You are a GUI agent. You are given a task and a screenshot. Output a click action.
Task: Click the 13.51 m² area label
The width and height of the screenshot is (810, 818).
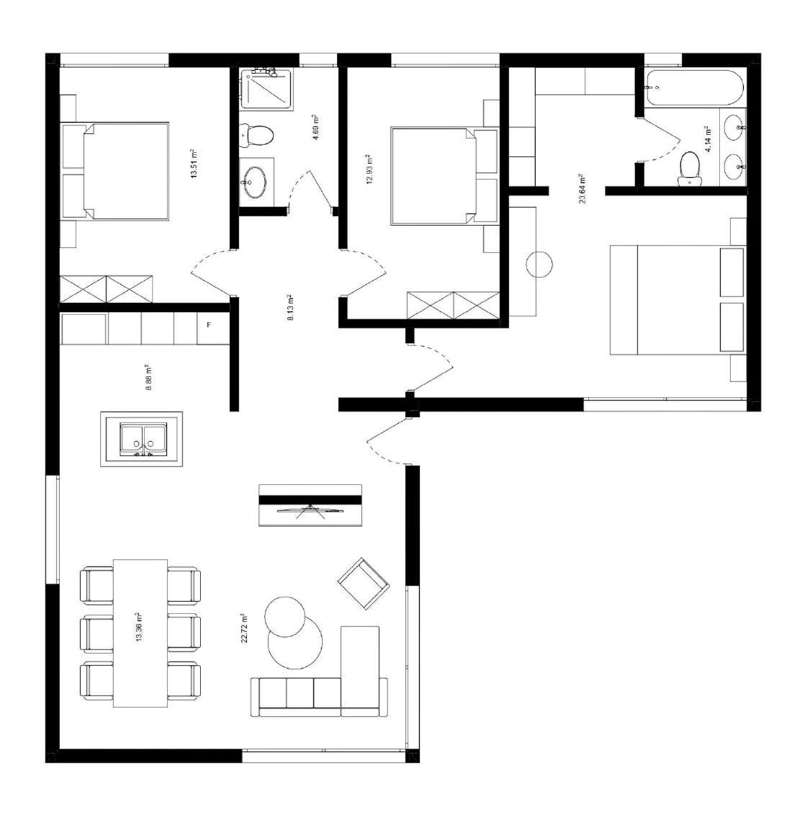[194, 163]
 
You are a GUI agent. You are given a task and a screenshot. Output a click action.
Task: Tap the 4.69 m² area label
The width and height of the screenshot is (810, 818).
[315, 128]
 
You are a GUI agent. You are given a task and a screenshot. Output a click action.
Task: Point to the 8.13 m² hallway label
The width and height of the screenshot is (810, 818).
[290, 307]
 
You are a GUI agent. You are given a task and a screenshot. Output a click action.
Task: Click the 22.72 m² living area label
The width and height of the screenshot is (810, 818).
[244, 628]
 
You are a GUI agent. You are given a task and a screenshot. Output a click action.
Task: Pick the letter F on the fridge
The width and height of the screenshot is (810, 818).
[209, 325]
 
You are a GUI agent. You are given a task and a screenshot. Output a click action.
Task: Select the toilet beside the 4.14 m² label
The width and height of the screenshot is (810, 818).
[689, 169]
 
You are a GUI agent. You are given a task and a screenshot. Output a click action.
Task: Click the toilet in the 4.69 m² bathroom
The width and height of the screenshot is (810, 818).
[256, 136]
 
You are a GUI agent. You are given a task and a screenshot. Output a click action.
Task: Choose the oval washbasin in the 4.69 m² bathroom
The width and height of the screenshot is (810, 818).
[254, 182]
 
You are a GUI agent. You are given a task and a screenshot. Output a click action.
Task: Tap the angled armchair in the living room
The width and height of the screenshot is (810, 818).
[364, 583]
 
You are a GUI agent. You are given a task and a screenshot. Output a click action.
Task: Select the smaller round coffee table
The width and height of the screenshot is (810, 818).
[285, 616]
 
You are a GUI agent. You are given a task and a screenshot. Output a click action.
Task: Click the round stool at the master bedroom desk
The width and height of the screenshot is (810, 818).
[539, 264]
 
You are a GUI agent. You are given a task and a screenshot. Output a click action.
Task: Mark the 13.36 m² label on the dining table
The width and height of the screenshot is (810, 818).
[140, 628]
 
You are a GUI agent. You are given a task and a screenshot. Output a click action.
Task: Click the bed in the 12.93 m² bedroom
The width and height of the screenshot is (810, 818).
[443, 175]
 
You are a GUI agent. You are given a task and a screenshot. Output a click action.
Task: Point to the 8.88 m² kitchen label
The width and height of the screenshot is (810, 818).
[148, 377]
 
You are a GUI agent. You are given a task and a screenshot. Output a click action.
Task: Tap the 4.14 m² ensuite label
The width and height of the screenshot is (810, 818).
[707, 140]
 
